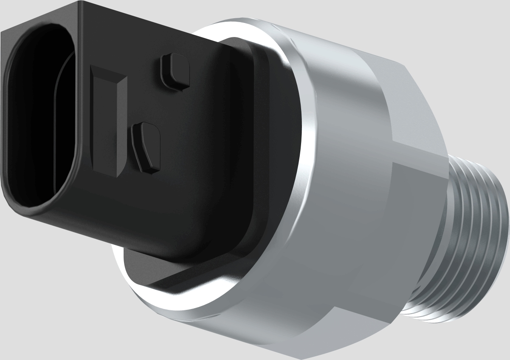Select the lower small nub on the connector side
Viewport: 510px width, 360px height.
tap(147, 147)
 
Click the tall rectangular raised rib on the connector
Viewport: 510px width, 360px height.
tap(109, 123)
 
